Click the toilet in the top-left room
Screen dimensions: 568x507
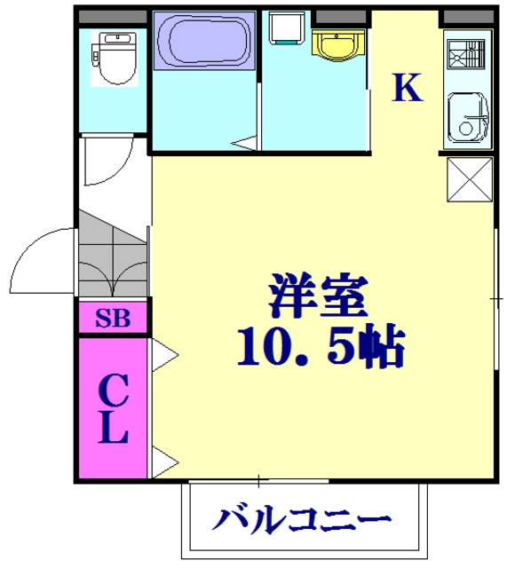point(112,57)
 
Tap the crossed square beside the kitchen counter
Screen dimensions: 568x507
point(468,180)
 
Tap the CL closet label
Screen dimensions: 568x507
point(113,409)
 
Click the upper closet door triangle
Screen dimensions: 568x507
point(163,356)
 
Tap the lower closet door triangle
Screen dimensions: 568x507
point(163,461)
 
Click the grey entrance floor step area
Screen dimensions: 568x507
point(112,257)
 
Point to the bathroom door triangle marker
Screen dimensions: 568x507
point(243,142)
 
